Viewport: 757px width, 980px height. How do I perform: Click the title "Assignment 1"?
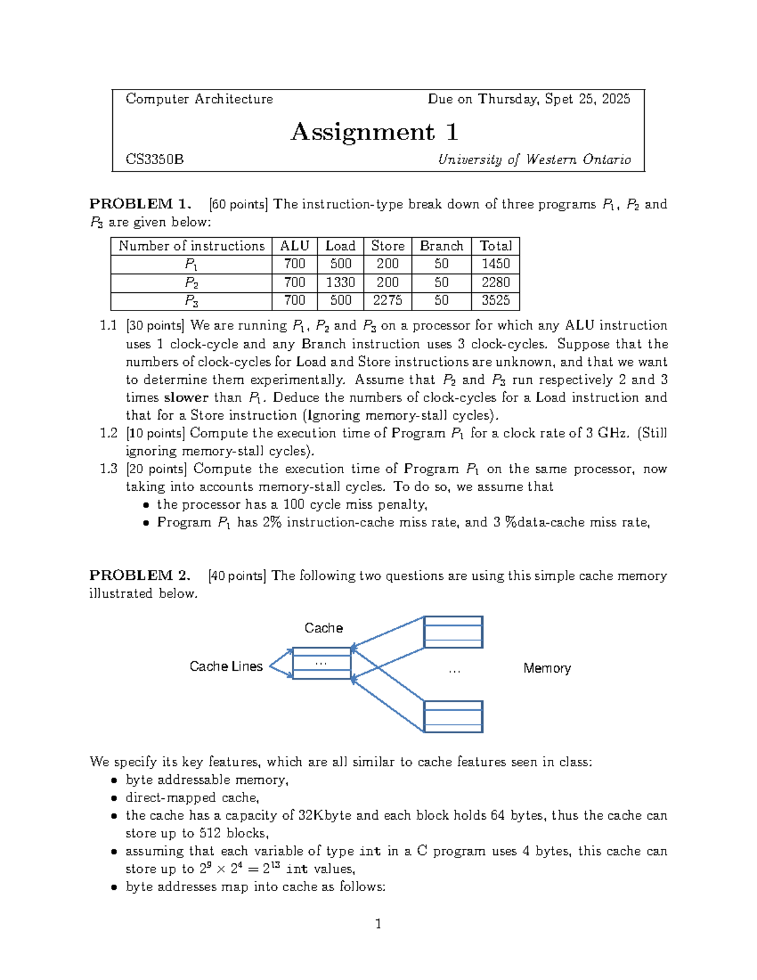coord(374,132)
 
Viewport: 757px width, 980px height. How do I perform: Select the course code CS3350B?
coord(155,160)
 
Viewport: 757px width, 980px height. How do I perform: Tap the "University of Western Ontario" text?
coord(534,160)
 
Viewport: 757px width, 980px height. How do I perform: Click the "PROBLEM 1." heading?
coord(140,204)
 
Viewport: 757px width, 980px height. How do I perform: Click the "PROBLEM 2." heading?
coord(140,576)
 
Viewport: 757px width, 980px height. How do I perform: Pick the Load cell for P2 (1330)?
coord(340,282)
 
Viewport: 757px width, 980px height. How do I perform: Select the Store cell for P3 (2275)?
coord(387,300)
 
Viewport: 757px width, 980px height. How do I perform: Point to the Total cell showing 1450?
coord(495,264)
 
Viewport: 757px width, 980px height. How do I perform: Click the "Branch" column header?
coord(441,246)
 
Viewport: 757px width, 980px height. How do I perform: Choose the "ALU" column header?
coord(294,246)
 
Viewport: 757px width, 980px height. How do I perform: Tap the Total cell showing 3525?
coord(495,300)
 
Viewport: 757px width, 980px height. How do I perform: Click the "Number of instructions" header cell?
coord(191,246)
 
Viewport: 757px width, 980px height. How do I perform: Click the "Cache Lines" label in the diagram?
coord(226,666)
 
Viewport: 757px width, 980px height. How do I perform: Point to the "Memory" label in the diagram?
coord(547,668)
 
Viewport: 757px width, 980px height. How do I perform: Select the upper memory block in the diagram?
coord(453,632)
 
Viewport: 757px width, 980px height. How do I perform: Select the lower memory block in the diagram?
coord(453,716)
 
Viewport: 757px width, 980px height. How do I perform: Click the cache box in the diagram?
coord(321,663)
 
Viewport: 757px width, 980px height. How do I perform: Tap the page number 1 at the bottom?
coord(378,924)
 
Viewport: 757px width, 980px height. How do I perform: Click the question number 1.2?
coord(109,434)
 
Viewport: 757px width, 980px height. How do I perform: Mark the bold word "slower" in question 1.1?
coord(185,398)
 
